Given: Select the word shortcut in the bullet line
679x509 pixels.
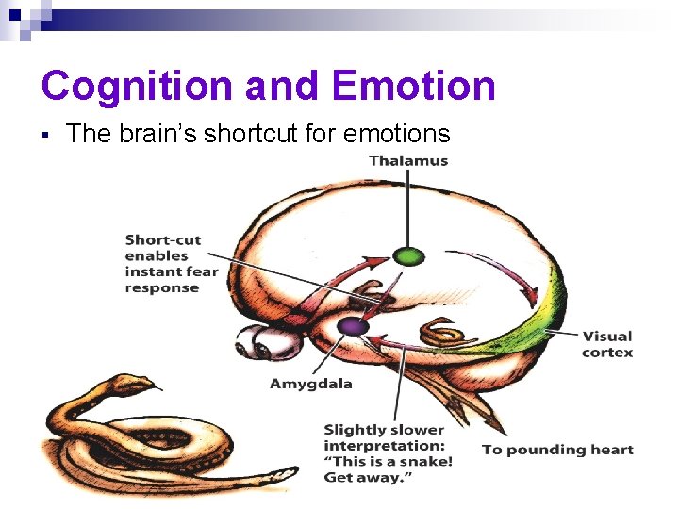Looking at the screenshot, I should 283,135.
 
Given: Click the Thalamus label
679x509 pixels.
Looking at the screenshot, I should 408,160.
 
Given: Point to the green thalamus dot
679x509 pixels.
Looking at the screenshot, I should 408,255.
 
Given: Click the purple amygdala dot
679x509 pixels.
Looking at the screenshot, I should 354,326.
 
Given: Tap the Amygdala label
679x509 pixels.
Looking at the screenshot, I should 310,384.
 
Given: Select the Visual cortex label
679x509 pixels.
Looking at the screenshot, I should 607,344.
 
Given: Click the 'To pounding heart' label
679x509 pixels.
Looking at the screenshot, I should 557,450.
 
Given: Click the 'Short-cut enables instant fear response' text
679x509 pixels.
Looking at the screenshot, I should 171,264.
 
